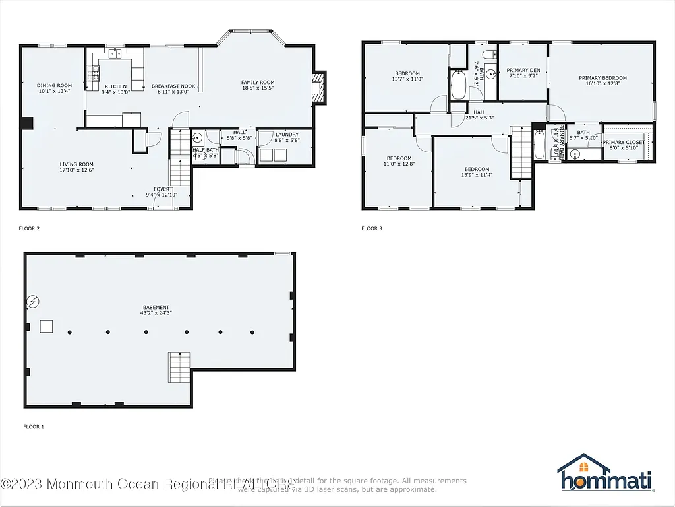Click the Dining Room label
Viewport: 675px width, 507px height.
[54, 88]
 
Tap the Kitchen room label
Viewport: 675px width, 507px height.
[116, 89]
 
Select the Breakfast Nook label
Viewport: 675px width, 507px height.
[173, 89]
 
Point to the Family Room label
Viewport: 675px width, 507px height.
[258, 84]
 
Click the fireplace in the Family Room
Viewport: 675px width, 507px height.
[319, 87]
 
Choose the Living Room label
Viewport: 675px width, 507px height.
[76, 167]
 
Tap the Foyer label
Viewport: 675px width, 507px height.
[161, 192]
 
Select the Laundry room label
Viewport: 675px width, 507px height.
[287, 137]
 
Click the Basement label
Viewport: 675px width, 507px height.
[156, 310]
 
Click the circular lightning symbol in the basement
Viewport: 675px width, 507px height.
[33, 302]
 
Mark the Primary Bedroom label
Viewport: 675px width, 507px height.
[602, 81]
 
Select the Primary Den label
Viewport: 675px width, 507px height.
[523, 73]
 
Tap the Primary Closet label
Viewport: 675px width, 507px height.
[623, 145]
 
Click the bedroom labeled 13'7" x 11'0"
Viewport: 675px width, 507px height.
[408, 76]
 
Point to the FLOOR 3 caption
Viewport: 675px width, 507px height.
[371, 229]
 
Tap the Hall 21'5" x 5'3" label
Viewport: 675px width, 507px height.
[479, 115]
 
